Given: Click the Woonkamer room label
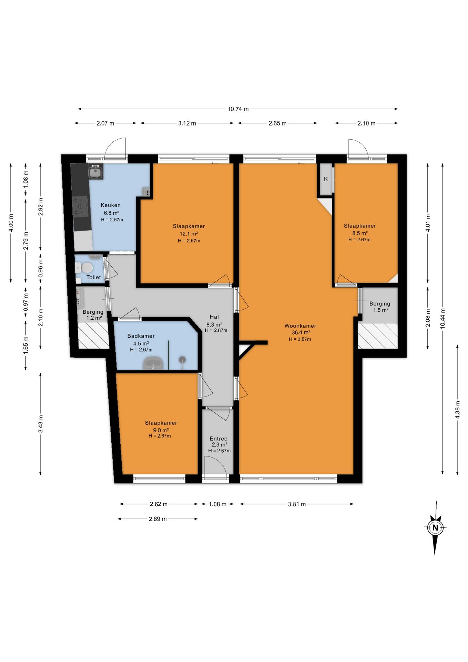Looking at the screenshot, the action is [x=300, y=326].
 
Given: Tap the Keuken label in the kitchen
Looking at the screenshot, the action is [x=111, y=205].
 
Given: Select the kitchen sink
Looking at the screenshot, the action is [x=95, y=171].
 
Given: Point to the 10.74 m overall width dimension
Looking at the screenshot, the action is [x=238, y=109].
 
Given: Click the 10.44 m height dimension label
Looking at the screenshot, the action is [x=443, y=318].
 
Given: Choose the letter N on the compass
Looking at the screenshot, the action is [x=435, y=528].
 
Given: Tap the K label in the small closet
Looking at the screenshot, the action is [x=326, y=179].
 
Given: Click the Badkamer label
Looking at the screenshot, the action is [x=141, y=336].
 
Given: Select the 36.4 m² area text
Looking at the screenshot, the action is [x=301, y=333].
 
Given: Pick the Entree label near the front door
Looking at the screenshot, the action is [x=218, y=439].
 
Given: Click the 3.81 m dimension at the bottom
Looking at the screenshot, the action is [x=297, y=504].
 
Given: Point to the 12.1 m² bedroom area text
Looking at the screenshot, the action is [x=189, y=233].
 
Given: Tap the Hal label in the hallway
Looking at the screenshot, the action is [x=214, y=317].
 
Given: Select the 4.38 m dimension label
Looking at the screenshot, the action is [x=458, y=410].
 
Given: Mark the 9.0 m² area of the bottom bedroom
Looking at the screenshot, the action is [x=161, y=430].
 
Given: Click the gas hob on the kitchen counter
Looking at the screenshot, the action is [x=81, y=206].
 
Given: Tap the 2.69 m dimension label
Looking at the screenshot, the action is [x=158, y=519].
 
